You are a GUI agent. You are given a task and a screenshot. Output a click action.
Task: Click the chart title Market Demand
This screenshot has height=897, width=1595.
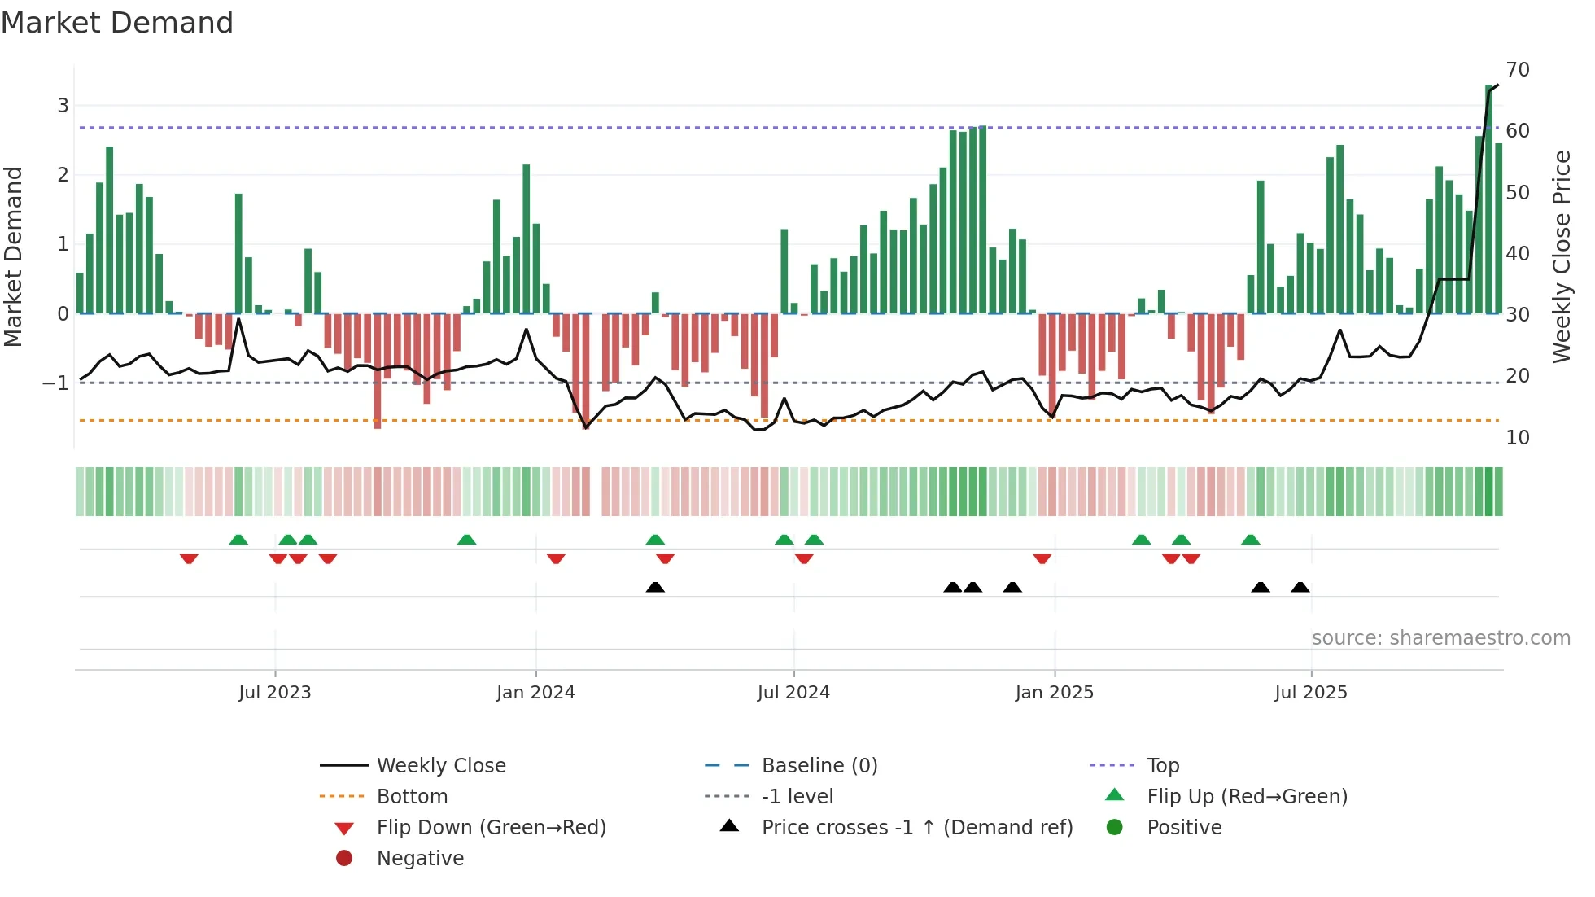tap(117, 23)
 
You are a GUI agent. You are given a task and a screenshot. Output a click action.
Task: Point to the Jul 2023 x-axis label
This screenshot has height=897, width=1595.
tap(274, 693)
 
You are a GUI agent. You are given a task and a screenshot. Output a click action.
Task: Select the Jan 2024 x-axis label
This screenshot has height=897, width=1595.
tap(535, 693)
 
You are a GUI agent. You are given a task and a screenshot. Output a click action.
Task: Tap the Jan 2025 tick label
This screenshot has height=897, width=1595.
tap(1054, 693)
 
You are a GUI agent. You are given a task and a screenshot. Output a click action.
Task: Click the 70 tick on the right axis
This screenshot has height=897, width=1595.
tap(1518, 70)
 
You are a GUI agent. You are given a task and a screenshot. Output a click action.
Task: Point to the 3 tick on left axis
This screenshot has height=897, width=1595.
tap(63, 105)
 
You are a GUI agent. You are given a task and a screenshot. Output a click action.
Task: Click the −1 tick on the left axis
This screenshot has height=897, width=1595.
tap(55, 383)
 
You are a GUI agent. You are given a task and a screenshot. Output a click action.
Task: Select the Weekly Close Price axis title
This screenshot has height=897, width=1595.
tap(1561, 256)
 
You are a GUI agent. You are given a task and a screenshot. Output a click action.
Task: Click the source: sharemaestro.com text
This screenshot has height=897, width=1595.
tap(1440, 638)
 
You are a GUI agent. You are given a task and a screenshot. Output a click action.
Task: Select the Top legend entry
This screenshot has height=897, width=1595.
tap(1162, 766)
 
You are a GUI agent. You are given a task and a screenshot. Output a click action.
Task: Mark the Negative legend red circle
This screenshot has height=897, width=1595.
tap(344, 859)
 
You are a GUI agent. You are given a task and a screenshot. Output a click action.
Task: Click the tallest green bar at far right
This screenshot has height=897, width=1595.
tap(1488, 199)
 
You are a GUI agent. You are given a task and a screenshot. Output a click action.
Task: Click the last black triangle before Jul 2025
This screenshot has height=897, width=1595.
tap(1300, 588)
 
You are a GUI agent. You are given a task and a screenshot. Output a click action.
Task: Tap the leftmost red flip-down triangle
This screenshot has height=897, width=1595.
tap(189, 558)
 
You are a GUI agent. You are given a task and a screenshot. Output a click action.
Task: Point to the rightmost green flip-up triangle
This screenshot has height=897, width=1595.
tap(1251, 540)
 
